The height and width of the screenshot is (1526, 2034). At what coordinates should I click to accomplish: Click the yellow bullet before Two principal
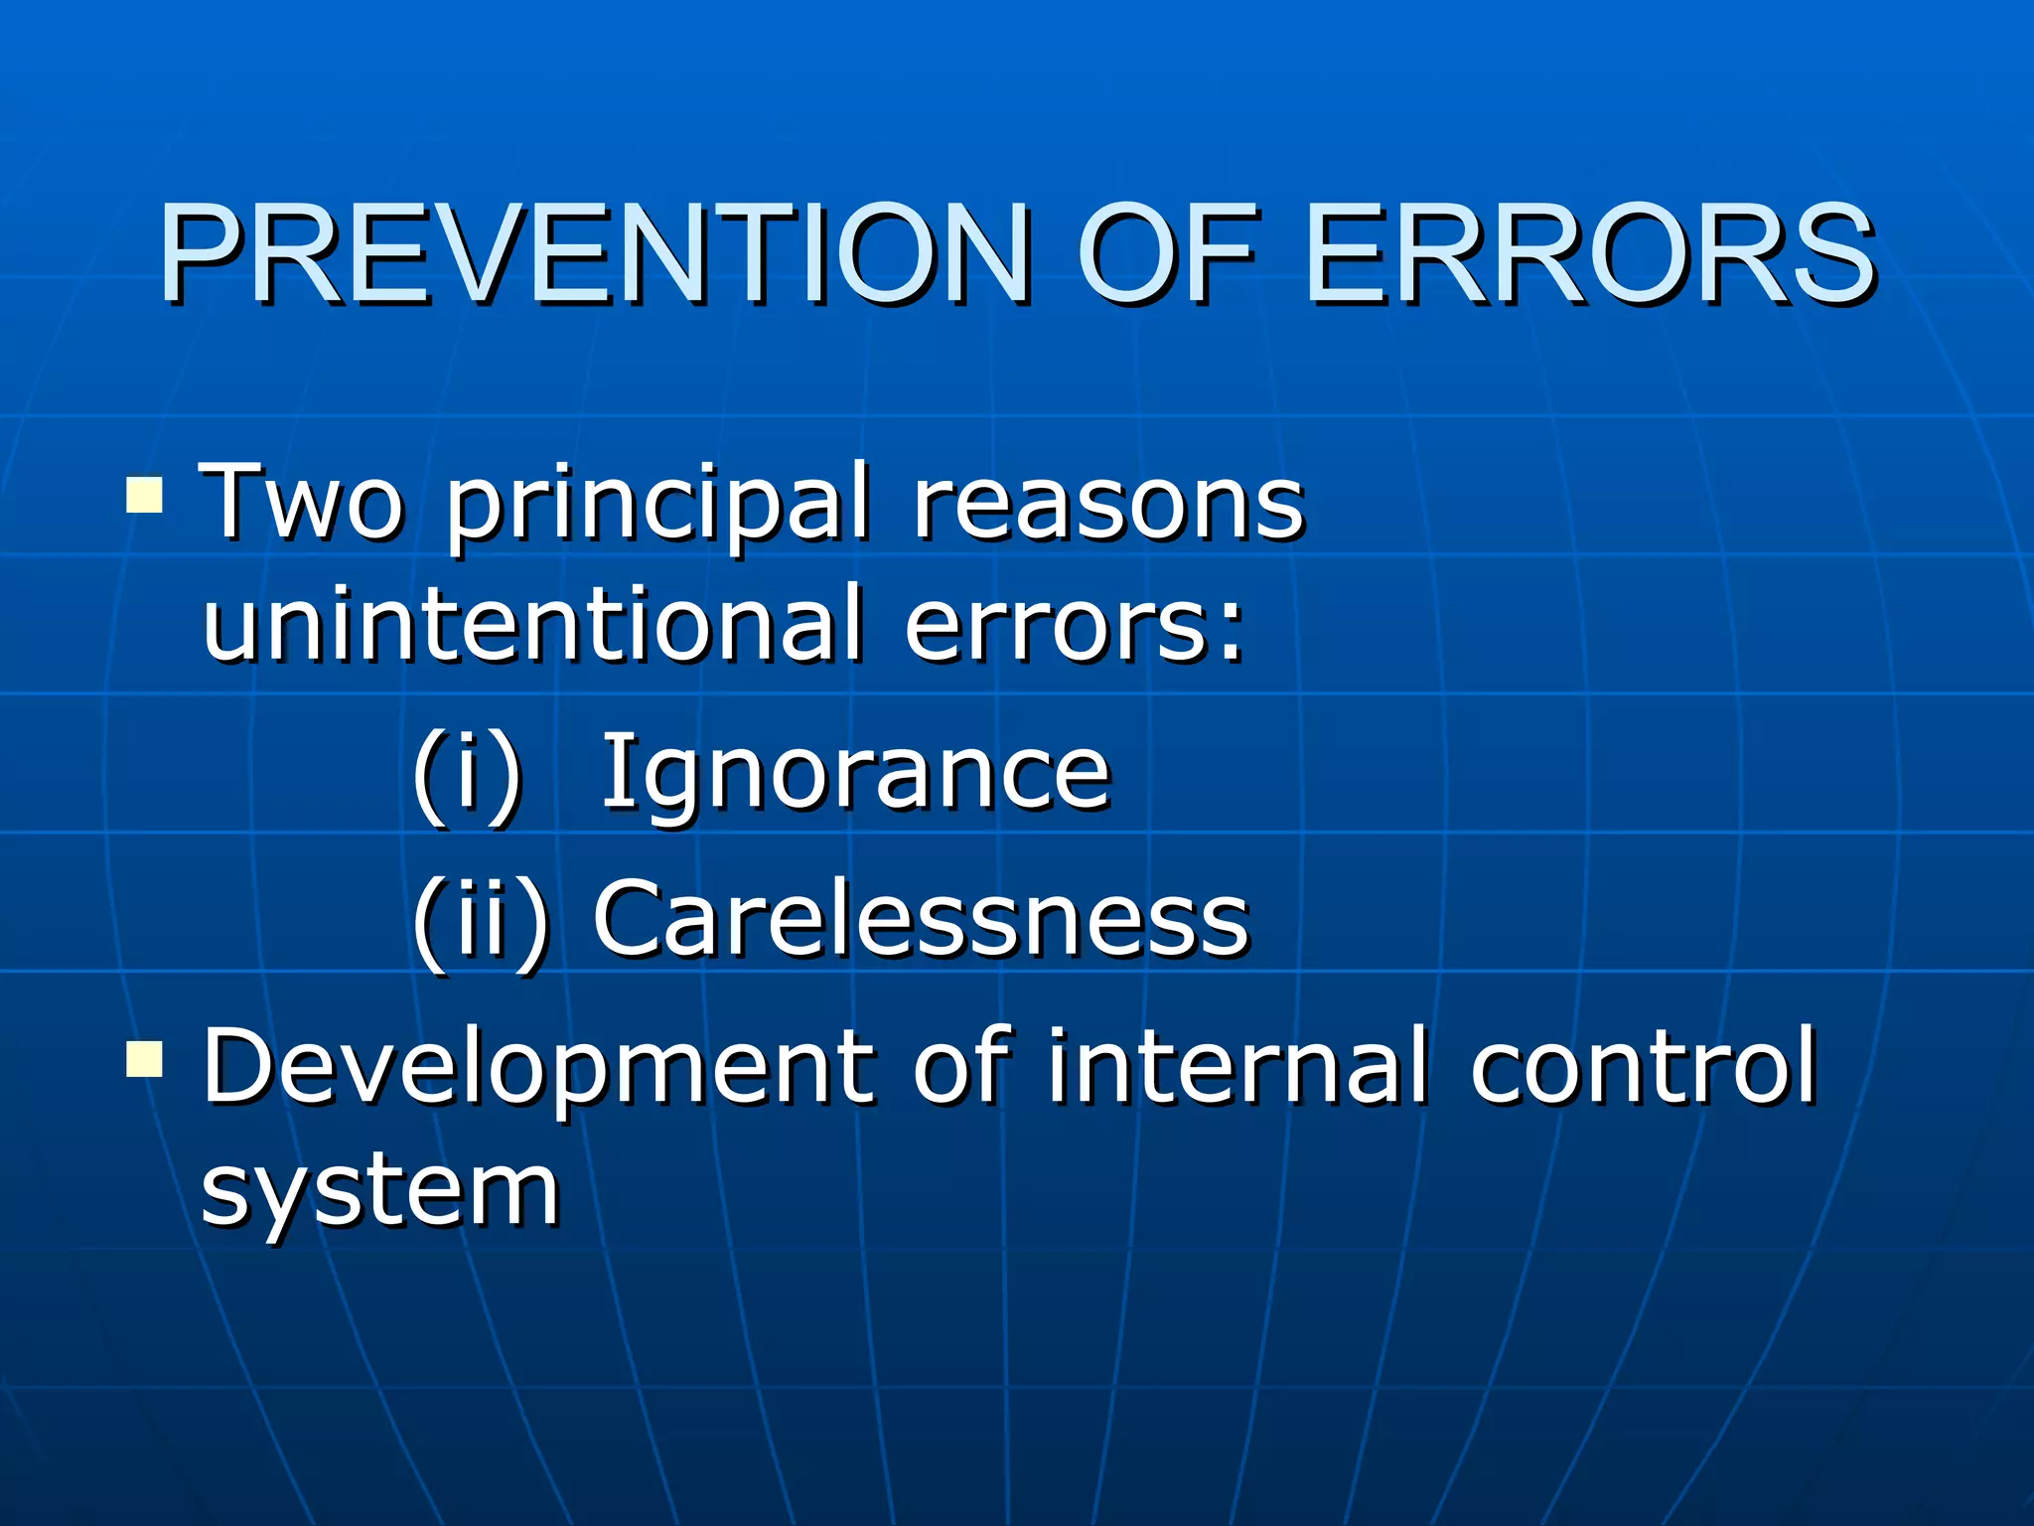[x=145, y=494]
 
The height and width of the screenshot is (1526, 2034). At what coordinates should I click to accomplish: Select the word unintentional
[x=532, y=624]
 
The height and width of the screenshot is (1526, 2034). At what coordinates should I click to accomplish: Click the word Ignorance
[x=856, y=775]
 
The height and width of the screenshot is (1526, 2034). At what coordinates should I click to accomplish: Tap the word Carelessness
[x=921, y=919]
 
